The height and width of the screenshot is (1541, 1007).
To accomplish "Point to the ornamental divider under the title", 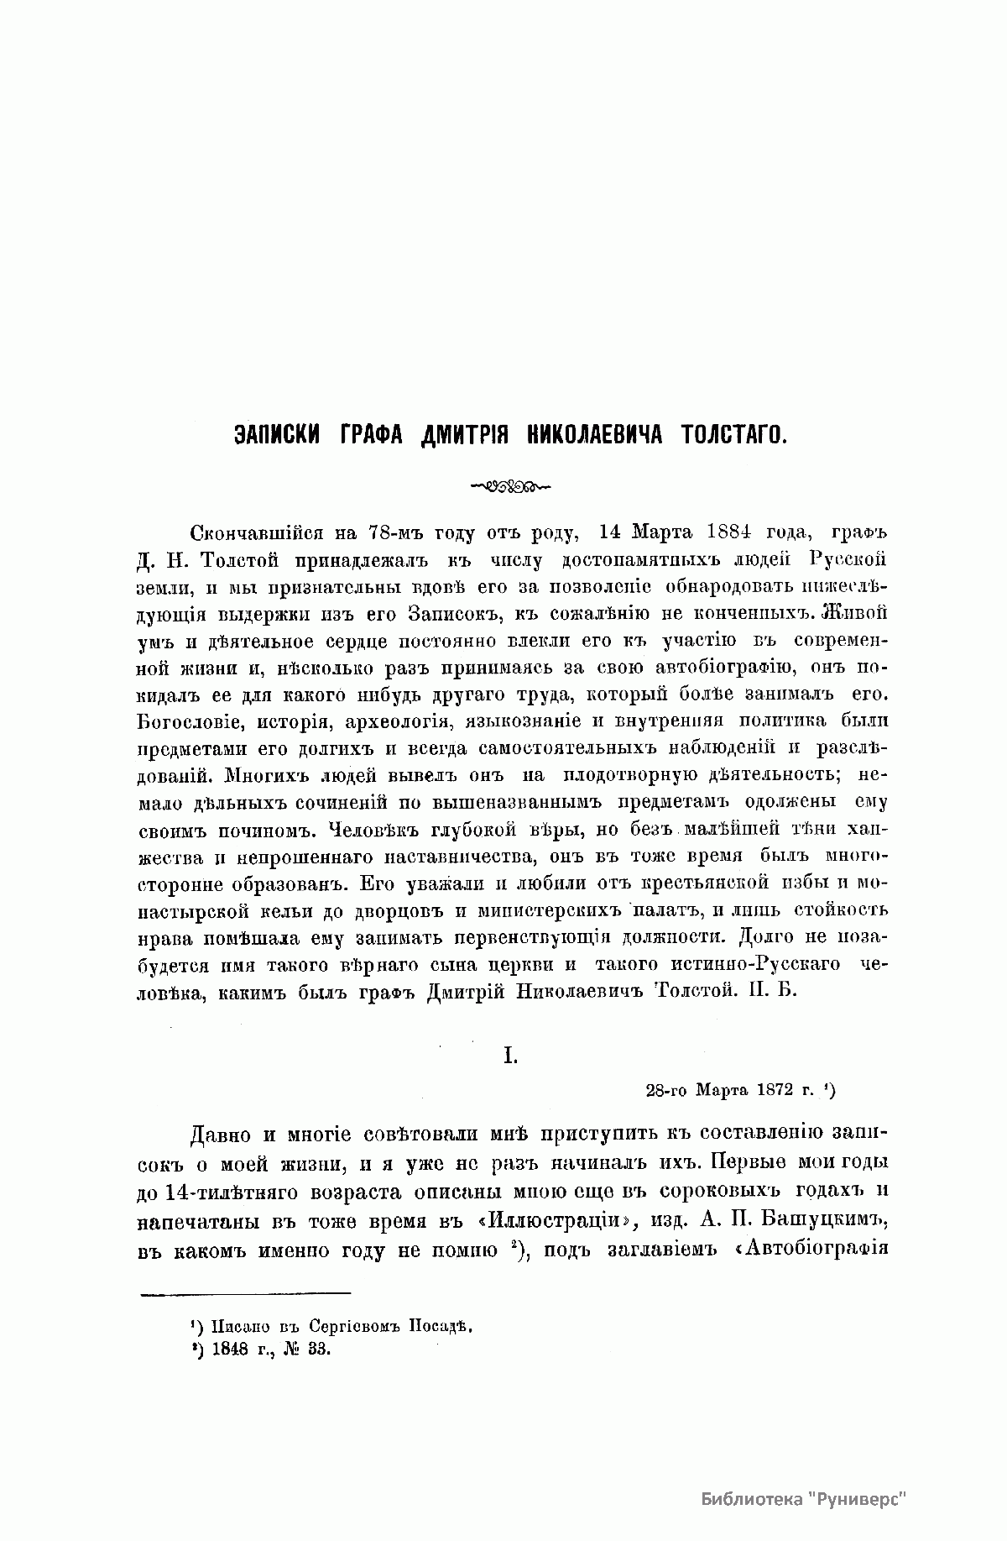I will (x=504, y=485).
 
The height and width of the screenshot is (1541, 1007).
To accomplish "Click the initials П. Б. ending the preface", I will (x=770, y=990).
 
